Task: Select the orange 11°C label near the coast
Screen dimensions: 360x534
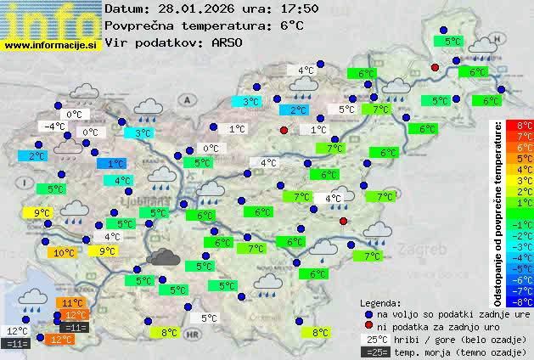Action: point(71,302)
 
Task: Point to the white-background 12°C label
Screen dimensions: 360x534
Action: point(17,331)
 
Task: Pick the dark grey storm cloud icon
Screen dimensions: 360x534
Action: point(161,257)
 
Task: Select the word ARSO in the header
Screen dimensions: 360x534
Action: point(229,42)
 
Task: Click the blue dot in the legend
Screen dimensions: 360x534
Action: point(368,313)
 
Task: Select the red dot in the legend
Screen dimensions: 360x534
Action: point(368,326)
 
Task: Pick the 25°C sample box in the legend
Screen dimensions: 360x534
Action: point(376,339)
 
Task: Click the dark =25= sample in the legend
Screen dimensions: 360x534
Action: point(376,352)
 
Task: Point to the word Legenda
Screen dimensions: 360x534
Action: point(381,302)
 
